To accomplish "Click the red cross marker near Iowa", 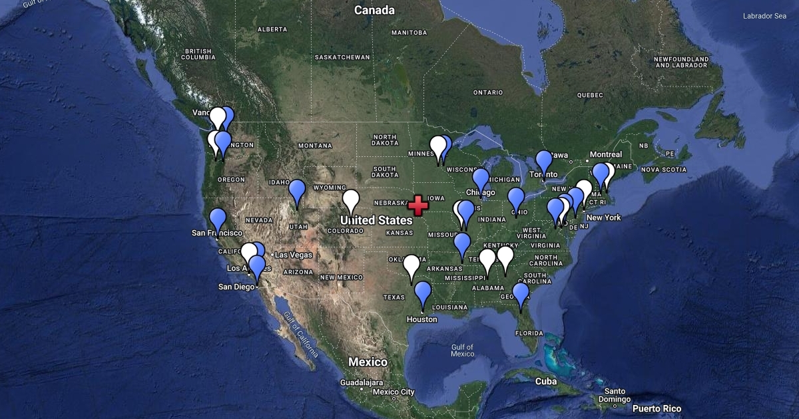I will coord(417,206).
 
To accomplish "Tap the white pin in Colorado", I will coord(351,200).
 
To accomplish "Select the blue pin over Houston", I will coord(423,292).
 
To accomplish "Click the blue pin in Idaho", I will coord(296,190).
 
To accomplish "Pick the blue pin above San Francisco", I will coord(218,218).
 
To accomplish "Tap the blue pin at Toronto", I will coord(544,161).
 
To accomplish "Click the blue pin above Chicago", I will coord(481,179).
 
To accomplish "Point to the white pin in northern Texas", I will coord(411,265).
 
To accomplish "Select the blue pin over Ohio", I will coord(516,198).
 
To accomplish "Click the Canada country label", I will coord(374,10).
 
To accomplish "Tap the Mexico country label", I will coord(368,362).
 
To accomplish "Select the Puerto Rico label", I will coord(657,408).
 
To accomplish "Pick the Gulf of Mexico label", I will coord(462,350).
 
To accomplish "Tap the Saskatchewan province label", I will coord(342,57).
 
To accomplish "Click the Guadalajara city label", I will coord(361,382).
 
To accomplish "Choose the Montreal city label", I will coord(606,154).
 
